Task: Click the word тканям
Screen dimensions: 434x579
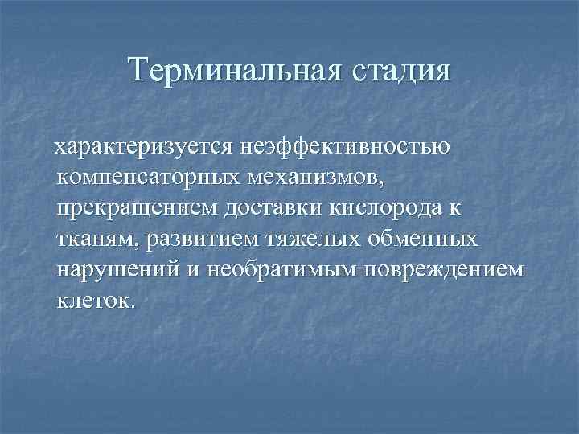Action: coord(96,239)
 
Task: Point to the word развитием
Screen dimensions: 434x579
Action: coord(196,239)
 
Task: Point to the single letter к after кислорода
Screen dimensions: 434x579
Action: coord(455,208)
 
